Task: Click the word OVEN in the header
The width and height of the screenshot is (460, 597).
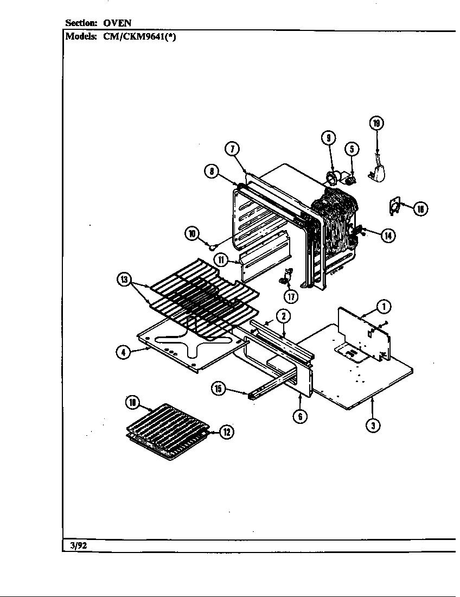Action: click(118, 23)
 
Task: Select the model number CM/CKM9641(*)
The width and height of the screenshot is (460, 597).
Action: click(139, 37)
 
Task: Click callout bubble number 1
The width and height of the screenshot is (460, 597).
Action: click(383, 307)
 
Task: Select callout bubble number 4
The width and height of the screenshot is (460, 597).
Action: click(123, 352)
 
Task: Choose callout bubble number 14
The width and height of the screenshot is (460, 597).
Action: click(387, 235)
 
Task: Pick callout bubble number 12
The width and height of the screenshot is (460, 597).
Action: click(227, 432)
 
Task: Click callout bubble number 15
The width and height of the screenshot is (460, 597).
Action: click(219, 389)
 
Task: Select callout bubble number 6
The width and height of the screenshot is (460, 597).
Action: click(299, 416)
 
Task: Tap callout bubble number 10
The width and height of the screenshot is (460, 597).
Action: click(191, 234)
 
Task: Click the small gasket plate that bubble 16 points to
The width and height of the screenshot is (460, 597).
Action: click(395, 206)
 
